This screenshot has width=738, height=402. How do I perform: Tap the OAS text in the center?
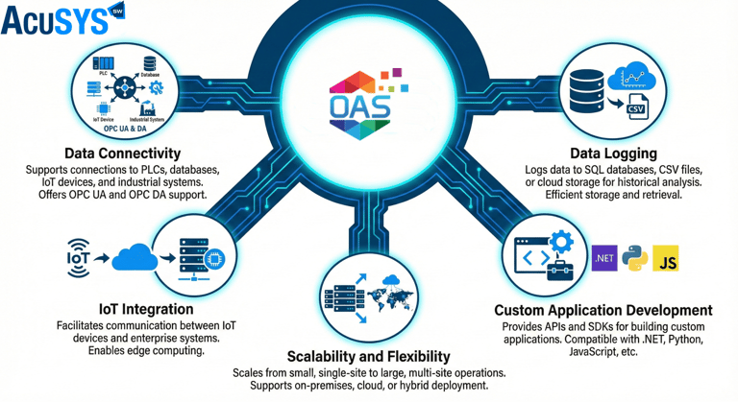(x=358, y=105)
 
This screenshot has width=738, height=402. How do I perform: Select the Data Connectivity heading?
(x=122, y=154)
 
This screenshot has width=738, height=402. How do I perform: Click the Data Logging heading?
(x=612, y=154)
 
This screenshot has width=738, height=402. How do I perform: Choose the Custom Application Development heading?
(x=603, y=311)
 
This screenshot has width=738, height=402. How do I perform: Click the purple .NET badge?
(x=604, y=257)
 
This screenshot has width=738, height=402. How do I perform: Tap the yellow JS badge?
(x=666, y=258)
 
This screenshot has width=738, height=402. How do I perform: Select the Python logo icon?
(x=635, y=258)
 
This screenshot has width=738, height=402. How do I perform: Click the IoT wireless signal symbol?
(x=79, y=256)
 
